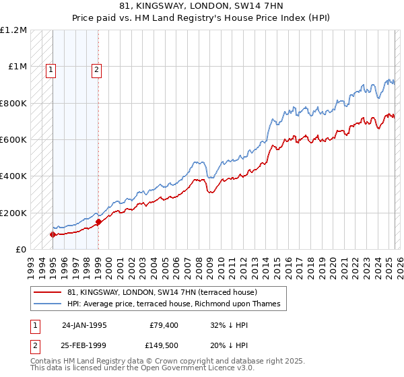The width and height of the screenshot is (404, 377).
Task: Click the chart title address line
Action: [202, 7]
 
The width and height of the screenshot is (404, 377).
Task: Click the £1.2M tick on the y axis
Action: [14, 30]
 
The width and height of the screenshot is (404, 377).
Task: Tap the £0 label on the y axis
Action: [20, 249]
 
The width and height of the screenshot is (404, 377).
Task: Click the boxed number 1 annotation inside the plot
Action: [52, 69]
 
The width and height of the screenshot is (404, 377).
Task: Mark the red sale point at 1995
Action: [53, 234]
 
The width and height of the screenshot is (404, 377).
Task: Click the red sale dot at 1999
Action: [98, 221]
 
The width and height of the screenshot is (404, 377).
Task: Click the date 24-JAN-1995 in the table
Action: [84, 324]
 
